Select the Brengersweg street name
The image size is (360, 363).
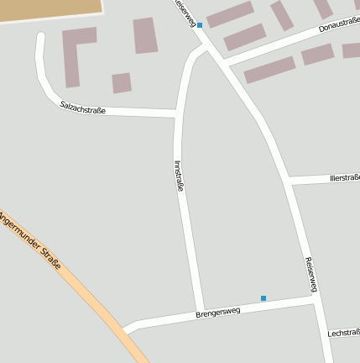pyautogui.click(x=217, y=313)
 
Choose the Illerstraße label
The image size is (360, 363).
pyautogui.click(x=344, y=177)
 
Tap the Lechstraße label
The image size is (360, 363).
pyautogui.click(x=343, y=333)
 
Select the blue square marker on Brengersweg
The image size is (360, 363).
pyautogui.click(x=263, y=298)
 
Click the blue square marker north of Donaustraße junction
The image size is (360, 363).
pyautogui.click(x=200, y=25)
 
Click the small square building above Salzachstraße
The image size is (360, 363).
pyautogui.click(x=122, y=82)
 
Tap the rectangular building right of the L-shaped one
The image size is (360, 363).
pyautogui.click(x=145, y=35)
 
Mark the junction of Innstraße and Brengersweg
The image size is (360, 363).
pyautogui.click(x=200, y=309)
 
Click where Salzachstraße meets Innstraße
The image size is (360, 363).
pyautogui.click(x=177, y=113)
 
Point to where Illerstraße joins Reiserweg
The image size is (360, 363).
pyautogui.click(x=287, y=181)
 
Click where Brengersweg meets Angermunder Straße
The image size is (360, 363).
pyautogui.click(x=126, y=329)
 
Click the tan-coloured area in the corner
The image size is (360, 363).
pyautogui.click(x=50, y=8)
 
